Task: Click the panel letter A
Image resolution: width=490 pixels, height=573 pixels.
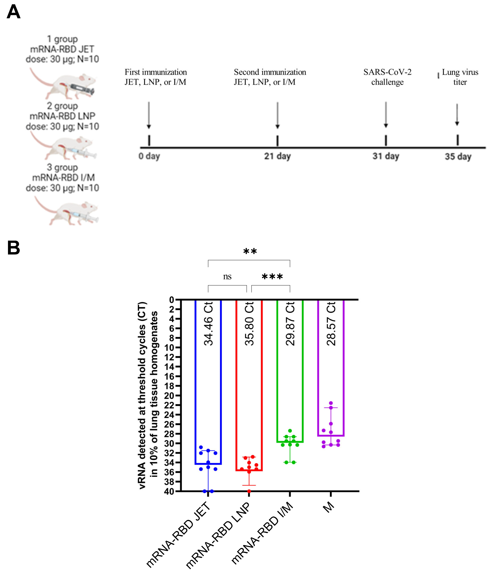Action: (x=13, y=12)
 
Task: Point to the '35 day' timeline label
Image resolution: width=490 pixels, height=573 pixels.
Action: (x=458, y=157)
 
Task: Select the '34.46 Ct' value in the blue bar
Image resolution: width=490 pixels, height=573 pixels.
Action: (x=208, y=324)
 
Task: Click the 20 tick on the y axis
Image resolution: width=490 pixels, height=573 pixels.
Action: (x=169, y=396)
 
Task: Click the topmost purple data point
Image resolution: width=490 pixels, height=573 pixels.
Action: (x=331, y=403)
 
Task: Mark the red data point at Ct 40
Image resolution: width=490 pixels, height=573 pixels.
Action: (x=249, y=491)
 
